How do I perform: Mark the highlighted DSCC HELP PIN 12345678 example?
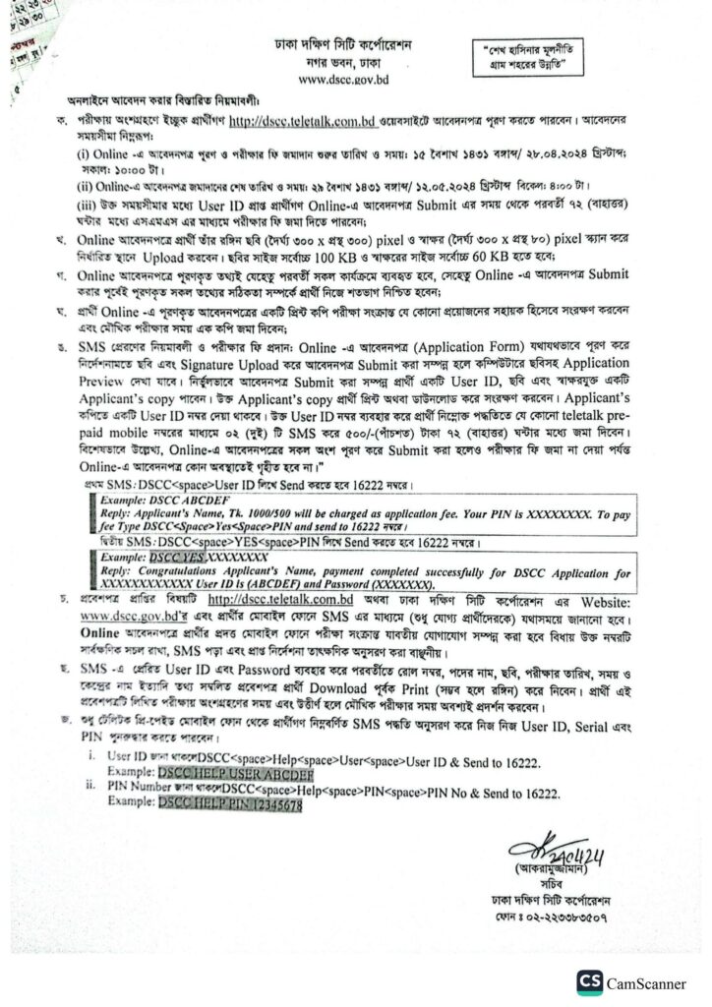tap(227, 803)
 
